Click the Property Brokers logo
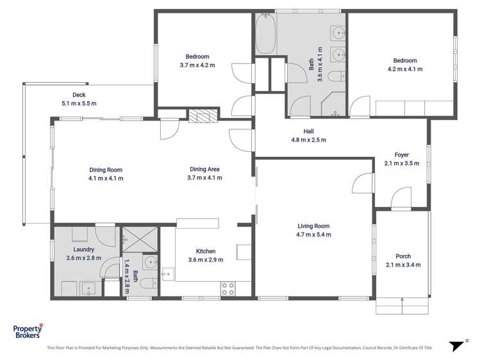(28, 331)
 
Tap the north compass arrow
(456, 345)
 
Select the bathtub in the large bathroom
(266, 35)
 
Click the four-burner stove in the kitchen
(227, 288)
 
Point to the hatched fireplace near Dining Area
(204, 115)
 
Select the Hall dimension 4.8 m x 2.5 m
(309, 140)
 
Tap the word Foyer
(401, 154)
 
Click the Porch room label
(403, 256)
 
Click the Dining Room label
(106, 170)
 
